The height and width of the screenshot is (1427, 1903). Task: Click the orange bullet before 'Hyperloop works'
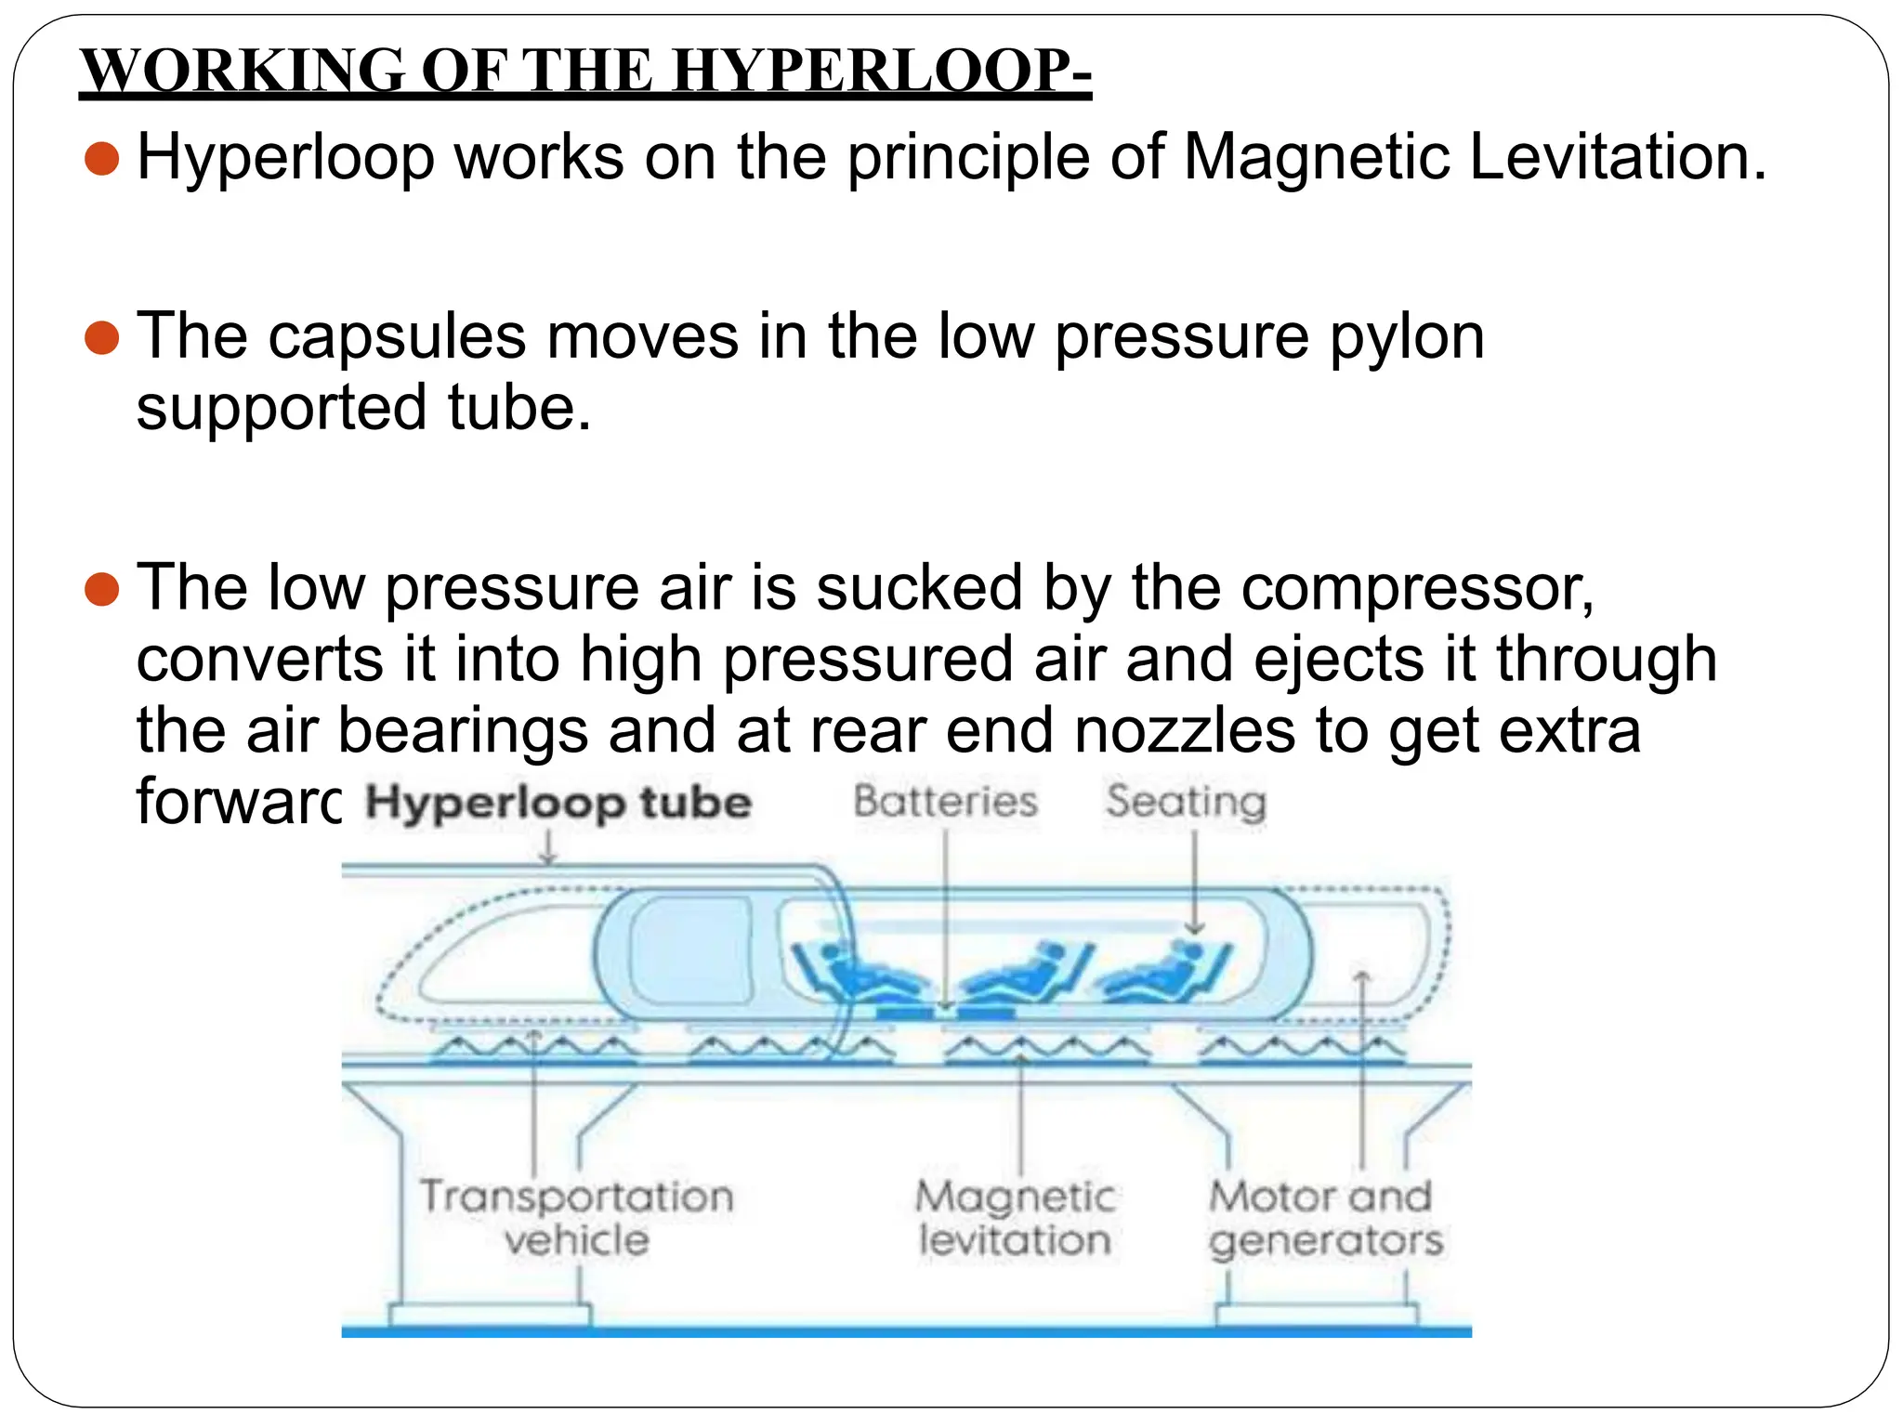click(101, 158)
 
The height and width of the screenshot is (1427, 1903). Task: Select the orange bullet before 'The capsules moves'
click(101, 338)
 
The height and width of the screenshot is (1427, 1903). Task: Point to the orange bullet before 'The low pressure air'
click(101, 589)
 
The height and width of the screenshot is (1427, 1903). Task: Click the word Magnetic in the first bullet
click(1316, 156)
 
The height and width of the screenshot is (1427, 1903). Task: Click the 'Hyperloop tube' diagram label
click(558, 803)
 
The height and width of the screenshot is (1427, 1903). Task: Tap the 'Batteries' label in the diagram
click(945, 801)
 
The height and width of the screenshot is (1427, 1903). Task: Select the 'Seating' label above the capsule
click(1186, 802)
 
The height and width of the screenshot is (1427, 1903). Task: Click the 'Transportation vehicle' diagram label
click(577, 1217)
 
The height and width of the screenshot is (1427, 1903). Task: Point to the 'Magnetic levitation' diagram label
click(1016, 1217)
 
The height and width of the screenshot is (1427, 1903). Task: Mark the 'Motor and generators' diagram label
click(1324, 1217)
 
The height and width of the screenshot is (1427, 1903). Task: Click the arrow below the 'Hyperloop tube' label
click(548, 847)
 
